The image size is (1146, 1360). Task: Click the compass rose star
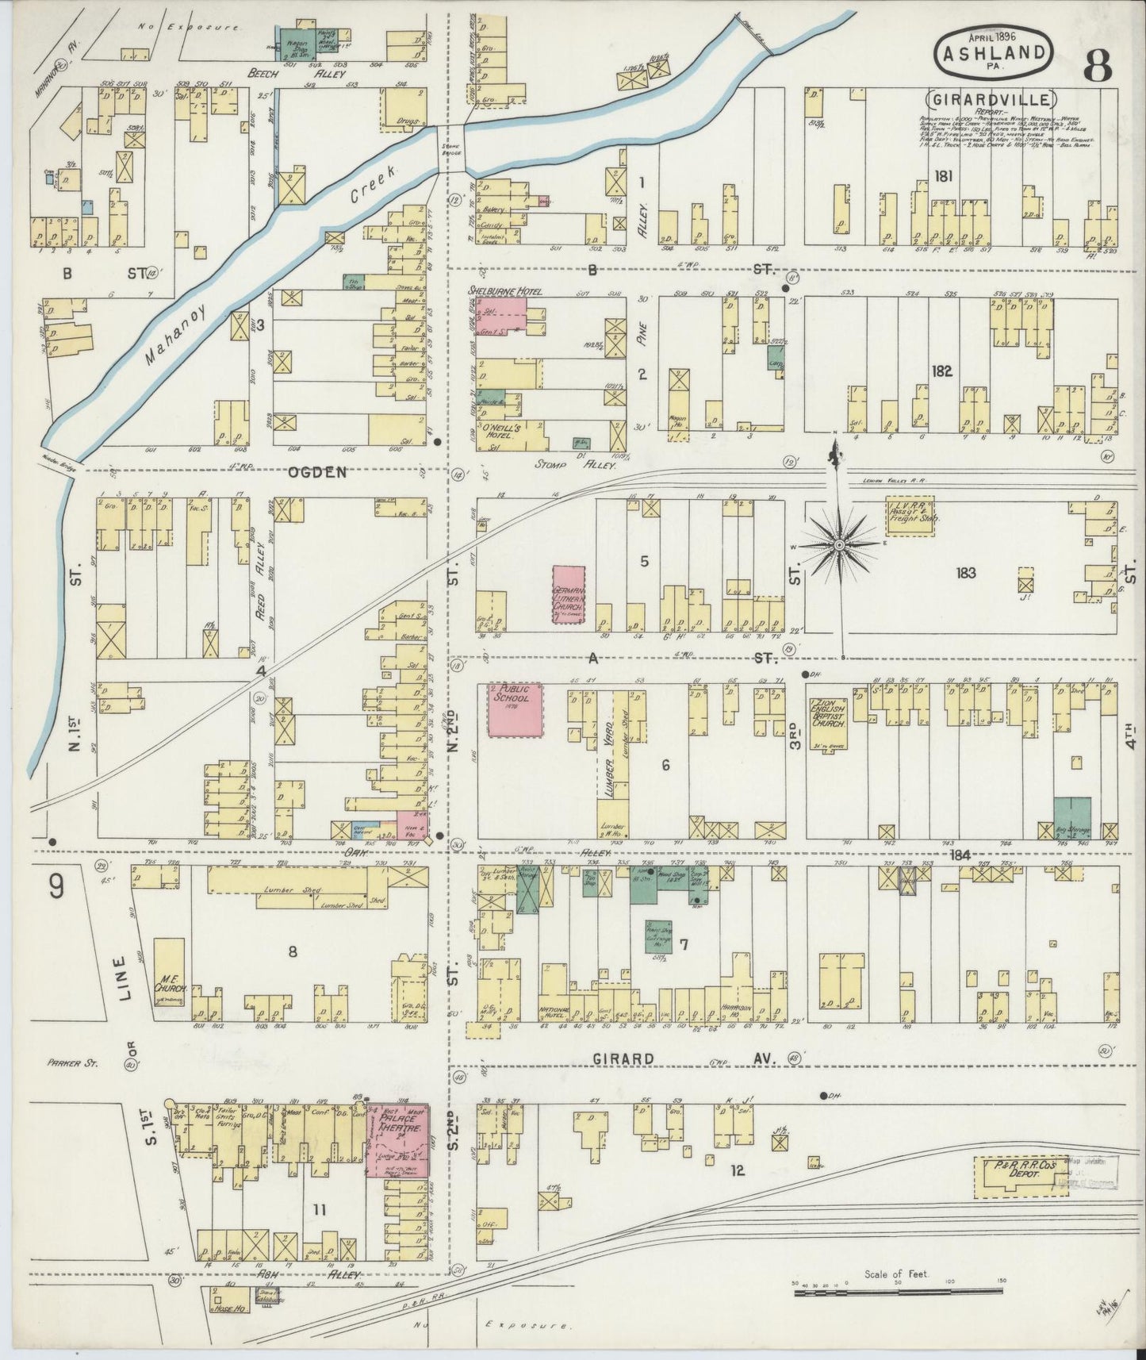pos(839,545)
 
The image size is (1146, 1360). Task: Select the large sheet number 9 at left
pos(56,886)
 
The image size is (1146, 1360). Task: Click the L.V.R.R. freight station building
pos(910,516)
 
